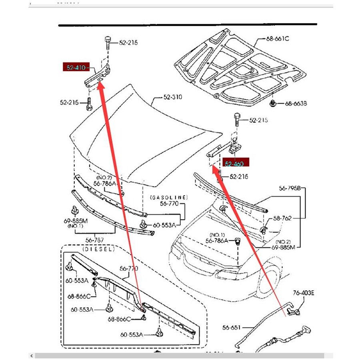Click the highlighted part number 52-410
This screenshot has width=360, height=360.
76,68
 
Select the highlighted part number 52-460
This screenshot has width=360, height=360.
234,163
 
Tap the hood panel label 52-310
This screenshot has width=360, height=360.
173,97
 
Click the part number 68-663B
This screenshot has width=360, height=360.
296,104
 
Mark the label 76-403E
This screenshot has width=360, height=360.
304,293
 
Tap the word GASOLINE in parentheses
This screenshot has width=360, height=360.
169,198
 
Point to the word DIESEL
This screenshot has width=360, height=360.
98,249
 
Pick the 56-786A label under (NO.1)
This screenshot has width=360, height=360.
217,241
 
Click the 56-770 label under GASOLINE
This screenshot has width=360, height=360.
169,204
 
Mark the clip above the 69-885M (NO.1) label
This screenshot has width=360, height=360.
74,210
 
